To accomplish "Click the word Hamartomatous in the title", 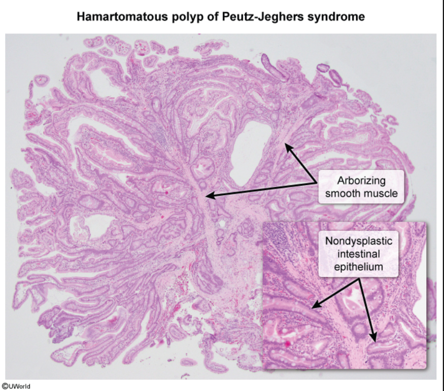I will tap(113, 17).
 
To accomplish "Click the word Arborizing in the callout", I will tap(362, 181).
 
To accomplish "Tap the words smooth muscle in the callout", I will tap(362, 193).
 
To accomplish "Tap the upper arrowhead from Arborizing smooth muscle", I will tap(287, 146).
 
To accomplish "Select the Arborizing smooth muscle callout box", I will tap(362, 187).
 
